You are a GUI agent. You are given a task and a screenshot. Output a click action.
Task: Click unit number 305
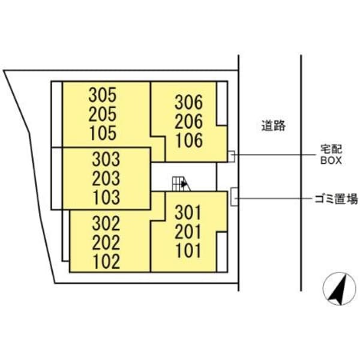103,95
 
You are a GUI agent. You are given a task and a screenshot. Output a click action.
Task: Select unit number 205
103,115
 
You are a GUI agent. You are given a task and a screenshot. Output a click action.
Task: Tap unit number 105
103,133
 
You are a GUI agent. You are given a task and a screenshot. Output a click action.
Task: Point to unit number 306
189,103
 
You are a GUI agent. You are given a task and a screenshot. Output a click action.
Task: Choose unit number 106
190,140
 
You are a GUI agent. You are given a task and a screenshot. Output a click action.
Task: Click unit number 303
106,159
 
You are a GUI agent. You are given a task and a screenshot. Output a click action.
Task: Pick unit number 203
106,178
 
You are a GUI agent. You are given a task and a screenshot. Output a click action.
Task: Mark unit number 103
107,197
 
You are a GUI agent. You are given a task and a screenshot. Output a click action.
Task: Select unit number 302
106,223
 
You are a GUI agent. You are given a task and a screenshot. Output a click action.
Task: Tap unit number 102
107,261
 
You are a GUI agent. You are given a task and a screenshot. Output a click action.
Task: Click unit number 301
188,212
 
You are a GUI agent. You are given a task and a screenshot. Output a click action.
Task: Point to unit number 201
188,232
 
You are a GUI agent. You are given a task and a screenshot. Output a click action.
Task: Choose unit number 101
188,250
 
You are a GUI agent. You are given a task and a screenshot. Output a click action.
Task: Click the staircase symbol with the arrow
181,184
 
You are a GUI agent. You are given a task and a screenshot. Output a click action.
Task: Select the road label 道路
274,125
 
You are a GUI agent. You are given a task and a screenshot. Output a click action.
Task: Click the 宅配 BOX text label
331,155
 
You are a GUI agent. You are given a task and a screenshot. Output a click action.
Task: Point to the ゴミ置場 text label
336,199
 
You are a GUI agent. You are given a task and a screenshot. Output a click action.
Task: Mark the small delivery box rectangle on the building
232,157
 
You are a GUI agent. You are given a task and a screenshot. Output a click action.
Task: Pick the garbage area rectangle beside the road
234,197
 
